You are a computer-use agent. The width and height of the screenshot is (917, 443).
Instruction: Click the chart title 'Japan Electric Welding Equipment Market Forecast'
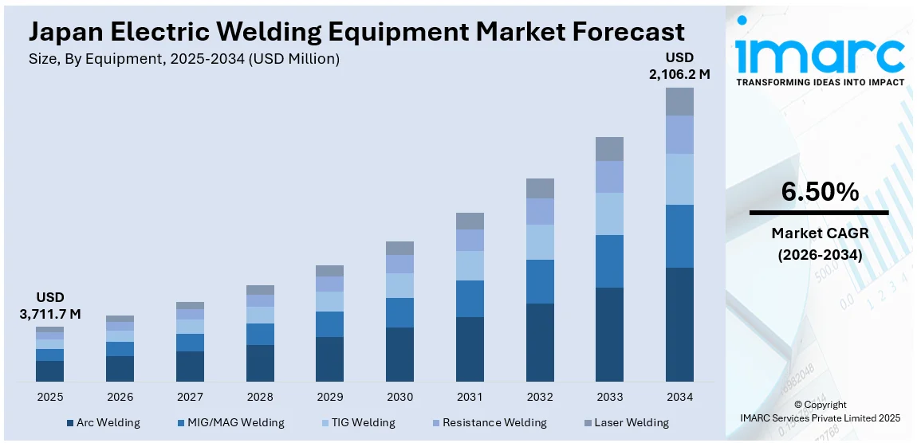356,32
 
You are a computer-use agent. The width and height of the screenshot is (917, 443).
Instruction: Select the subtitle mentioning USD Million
184,60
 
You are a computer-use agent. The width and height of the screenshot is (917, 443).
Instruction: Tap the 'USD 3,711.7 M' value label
49,305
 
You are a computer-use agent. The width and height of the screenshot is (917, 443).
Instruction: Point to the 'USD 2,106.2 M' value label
679,66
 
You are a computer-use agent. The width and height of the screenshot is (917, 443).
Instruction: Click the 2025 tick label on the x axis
49,397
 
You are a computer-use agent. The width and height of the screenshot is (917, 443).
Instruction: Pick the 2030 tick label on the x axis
399,397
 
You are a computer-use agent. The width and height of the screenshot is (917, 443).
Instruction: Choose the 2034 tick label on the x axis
679,397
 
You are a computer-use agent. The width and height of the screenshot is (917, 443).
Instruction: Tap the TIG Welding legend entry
360,422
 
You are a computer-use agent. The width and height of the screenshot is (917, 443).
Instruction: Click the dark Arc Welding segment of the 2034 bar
679,324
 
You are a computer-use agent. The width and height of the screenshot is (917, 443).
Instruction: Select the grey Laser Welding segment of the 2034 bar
679,101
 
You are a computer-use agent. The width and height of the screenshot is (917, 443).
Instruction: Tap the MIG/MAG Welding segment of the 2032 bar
540,281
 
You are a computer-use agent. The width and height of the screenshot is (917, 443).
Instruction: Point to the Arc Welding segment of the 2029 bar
329,359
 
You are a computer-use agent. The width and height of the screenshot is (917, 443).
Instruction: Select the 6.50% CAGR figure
819,192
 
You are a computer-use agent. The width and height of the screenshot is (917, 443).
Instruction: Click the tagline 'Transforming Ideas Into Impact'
820,82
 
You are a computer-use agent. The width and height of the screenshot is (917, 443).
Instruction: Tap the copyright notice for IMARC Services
820,411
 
